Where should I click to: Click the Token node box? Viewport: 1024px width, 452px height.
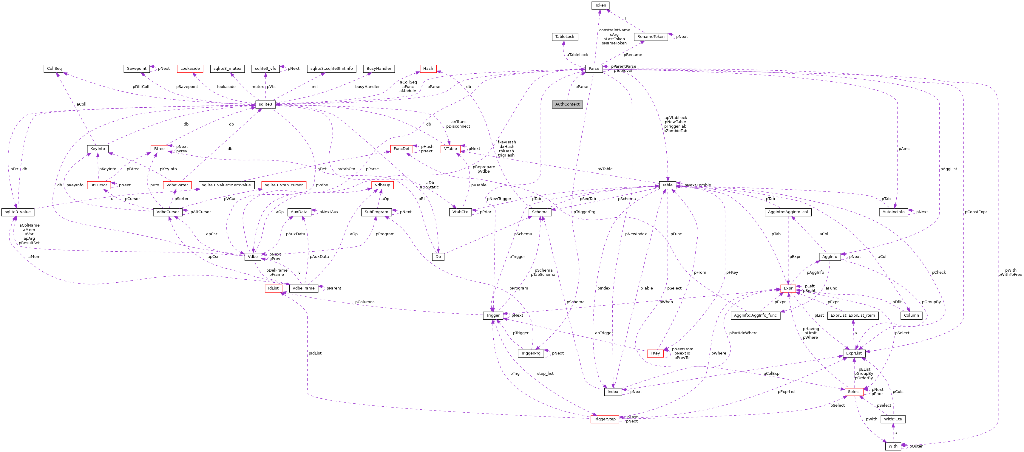(600, 5)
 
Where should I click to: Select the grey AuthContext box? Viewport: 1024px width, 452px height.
(567, 104)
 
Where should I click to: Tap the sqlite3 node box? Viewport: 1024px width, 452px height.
(265, 104)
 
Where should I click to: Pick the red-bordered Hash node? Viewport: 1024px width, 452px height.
(428, 68)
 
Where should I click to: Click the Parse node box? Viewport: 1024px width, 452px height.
(594, 68)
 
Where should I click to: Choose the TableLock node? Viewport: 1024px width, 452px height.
(564, 37)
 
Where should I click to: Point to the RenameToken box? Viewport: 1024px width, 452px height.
(651, 37)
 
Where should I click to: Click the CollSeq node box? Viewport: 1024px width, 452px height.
(55, 68)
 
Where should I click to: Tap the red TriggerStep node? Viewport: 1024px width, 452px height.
(604, 419)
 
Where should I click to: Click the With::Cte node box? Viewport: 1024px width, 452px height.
(893, 419)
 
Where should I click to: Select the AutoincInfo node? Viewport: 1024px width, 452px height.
(893, 212)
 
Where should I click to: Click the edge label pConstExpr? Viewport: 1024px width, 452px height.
(975, 212)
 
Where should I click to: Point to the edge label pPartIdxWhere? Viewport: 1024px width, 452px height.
(743, 333)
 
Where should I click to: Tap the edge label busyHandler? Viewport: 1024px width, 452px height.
(367, 86)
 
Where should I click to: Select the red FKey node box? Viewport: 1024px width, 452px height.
(655, 353)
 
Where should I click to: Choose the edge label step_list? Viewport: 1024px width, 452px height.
(545, 373)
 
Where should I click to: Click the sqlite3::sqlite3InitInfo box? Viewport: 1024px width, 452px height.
(331, 68)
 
